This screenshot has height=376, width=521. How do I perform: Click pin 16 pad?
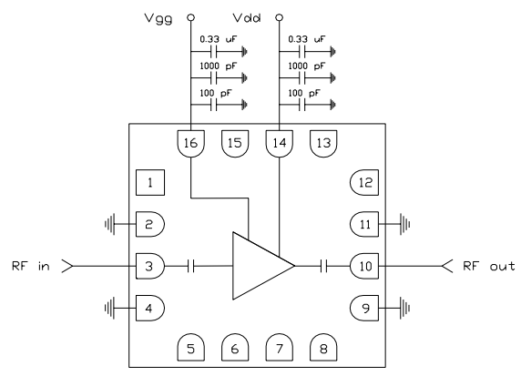[190, 143]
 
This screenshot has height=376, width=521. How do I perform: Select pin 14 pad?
[278, 143]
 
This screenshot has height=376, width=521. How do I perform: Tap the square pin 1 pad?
[148, 184]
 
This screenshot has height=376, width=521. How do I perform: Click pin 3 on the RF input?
[149, 266]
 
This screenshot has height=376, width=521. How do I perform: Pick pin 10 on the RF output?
[364, 266]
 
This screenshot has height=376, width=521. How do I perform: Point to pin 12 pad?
[364, 184]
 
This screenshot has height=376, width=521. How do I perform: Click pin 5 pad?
[190, 346]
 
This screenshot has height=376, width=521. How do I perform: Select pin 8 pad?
[322, 346]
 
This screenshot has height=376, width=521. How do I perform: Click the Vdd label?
[243, 17]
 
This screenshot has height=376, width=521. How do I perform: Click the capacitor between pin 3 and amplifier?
[191, 266]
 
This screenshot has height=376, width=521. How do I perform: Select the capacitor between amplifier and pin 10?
[322, 266]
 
